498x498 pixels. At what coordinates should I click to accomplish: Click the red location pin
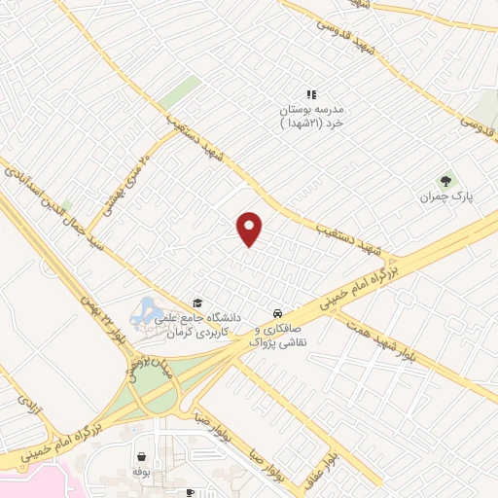251,228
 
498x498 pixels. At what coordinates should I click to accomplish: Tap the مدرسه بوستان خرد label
311,117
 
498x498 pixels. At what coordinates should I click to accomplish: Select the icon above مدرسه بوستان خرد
311,94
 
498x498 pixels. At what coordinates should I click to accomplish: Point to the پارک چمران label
445,196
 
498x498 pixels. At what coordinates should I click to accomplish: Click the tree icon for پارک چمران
446,180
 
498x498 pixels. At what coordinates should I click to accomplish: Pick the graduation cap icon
198,302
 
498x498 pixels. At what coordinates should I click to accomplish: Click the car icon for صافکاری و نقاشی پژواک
278,314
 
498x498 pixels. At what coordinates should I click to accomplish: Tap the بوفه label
142,471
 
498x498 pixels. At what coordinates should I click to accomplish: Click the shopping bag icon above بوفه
142,455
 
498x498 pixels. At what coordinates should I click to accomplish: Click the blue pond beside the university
147,311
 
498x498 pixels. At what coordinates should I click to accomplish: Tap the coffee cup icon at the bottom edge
190,493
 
